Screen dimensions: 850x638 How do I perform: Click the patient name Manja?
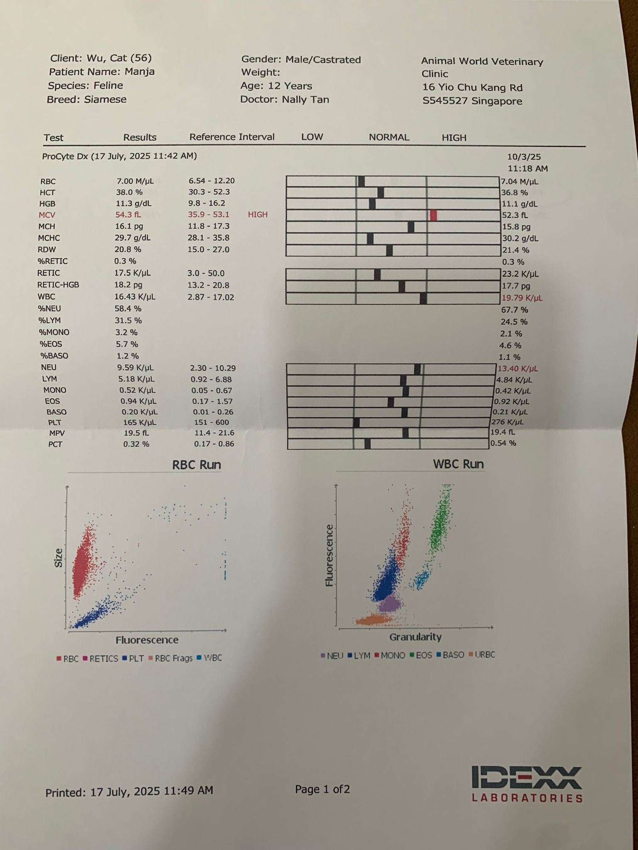click(x=140, y=72)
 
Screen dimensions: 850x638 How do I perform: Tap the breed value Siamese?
click(x=105, y=100)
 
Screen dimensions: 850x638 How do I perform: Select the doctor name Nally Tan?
click(x=305, y=100)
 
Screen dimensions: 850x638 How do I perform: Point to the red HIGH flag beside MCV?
click(x=258, y=215)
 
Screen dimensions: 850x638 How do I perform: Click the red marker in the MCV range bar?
click(x=433, y=215)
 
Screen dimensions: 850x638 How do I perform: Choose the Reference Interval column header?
click(x=232, y=137)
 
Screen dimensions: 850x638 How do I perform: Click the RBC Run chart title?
click(x=196, y=465)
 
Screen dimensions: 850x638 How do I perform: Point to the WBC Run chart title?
click(x=458, y=464)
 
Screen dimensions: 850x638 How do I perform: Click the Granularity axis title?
click(x=415, y=637)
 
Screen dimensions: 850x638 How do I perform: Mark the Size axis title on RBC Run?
click(x=59, y=558)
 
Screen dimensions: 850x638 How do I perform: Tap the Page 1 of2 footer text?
click(x=322, y=789)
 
